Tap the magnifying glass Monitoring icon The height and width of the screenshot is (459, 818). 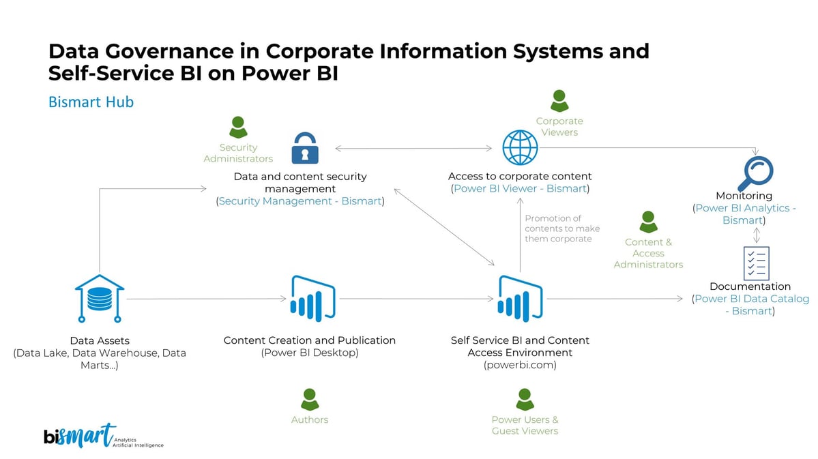tap(755, 173)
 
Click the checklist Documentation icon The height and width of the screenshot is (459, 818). tap(756, 263)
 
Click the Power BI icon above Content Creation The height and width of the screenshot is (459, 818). tap(312, 299)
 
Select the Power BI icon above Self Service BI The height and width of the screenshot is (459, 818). tap(520, 299)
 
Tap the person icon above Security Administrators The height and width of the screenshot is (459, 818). tap(238, 128)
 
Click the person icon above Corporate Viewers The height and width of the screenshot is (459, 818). tap(559, 102)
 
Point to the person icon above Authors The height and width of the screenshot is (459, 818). tap(310, 400)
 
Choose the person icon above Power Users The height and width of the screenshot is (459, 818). tap(525, 400)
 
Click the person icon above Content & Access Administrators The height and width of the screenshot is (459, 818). tap(648, 222)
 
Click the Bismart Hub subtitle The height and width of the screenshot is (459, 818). tap(91, 102)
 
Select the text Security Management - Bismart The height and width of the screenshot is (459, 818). tap(300, 201)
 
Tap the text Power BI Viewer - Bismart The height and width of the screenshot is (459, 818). tap(520, 188)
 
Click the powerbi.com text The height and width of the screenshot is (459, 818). tap(520, 365)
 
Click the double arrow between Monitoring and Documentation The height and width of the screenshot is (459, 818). tap(756, 235)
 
